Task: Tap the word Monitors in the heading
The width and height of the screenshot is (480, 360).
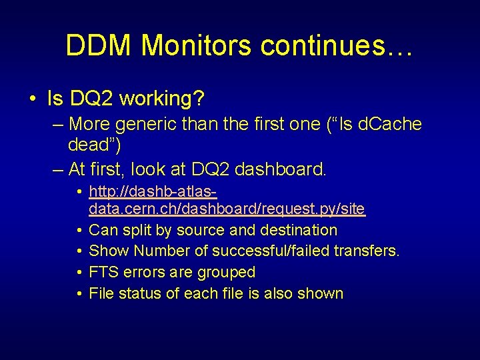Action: click(197, 45)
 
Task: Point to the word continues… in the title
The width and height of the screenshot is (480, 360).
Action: click(337, 45)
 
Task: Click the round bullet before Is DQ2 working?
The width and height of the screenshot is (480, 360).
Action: click(33, 99)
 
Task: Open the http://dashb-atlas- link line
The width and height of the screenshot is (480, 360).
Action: click(153, 191)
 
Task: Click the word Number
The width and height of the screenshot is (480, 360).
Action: click(161, 251)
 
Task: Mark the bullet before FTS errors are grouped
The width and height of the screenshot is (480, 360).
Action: click(79, 272)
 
